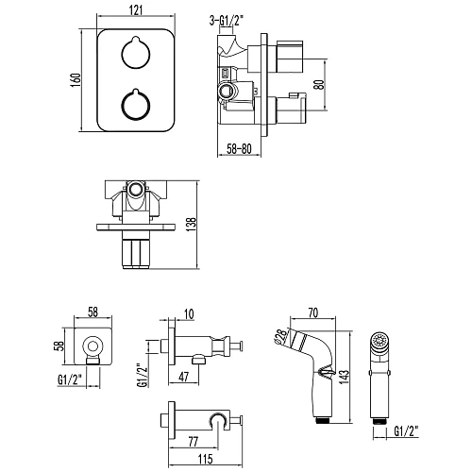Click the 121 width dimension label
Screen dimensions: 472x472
pos(136,9)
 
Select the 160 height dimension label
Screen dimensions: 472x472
pos(76,80)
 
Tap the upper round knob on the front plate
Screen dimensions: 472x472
pos(136,53)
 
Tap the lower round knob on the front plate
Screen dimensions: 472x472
pos(136,105)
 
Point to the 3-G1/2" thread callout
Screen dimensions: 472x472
pos(227,21)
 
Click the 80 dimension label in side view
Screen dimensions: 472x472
pos(319,84)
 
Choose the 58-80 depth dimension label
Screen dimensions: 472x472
pos(240,148)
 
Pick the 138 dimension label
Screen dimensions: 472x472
pos(192,225)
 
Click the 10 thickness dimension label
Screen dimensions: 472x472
pos(188,314)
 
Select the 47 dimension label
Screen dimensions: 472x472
pos(184,377)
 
